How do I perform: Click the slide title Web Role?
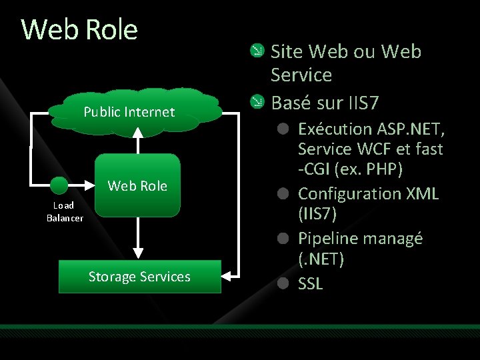tap(79, 30)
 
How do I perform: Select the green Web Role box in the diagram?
tap(138, 185)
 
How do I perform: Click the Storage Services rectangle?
tap(139, 277)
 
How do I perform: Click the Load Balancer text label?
tap(65, 212)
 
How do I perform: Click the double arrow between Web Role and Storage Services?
tap(138, 238)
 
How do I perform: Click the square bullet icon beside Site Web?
tap(256, 51)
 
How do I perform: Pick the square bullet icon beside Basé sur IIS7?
tap(256, 102)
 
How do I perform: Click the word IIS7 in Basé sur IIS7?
tap(363, 103)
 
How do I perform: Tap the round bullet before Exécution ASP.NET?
tap(283, 128)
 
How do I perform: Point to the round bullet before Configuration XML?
tap(283, 193)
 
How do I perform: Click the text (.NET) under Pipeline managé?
tap(321, 259)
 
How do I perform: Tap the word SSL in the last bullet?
tap(311, 283)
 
